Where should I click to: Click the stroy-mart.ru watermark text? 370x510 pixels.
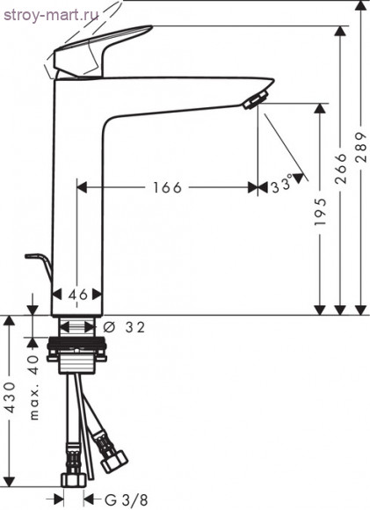click(x=51, y=15)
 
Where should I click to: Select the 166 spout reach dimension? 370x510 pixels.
click(x=168, y=187)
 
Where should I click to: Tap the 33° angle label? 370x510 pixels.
click(x=281, y=186)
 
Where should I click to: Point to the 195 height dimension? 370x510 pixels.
click(x=320, y=211)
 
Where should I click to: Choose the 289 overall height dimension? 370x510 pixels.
click(x=361, y=147)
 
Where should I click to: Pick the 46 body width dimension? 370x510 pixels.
click(x=78, y=295)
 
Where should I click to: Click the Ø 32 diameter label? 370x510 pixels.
click(x=124, y=327)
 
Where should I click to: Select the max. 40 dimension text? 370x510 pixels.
click(x=33, y=388)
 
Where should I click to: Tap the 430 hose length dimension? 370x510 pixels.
click(x=10, y=397)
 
